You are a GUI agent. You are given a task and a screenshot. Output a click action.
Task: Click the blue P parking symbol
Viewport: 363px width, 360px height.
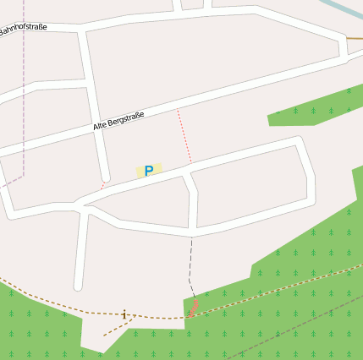coord(149,171)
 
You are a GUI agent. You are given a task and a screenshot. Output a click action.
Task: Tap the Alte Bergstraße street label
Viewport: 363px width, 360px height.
coord(118,121)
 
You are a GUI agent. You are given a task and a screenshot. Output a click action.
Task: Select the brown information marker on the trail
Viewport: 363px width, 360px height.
coord(125,314)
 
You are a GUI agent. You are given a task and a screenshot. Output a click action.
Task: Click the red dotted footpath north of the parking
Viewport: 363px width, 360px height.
coord(184,135)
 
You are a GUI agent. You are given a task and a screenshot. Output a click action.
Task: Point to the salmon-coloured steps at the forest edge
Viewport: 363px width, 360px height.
coord(194,308)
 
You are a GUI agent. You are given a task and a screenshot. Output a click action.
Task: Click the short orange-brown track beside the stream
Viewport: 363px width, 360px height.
coord(355,37)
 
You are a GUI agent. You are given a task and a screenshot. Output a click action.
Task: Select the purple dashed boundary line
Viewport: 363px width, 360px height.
coord(24,101)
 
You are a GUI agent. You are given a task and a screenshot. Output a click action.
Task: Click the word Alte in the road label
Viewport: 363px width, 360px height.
coord(102,126)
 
